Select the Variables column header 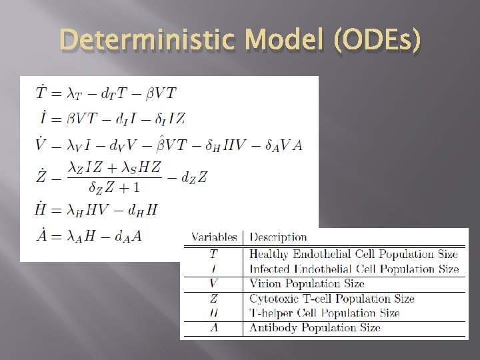(x=214, y=237)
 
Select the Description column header (x=278, y=237)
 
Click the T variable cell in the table (x=213, y=254)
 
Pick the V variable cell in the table (x=213, y=283)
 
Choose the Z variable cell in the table (x=213, y=299)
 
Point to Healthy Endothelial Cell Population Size (x=353, y=254)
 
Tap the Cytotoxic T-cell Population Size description (x=331, y=299)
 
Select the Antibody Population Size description (x=315, y=327)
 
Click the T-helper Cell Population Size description (x=324, y=313)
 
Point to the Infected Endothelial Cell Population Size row (x=353, y=269)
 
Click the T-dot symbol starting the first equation (x=41, y=93)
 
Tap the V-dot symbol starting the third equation (x=41, y=143)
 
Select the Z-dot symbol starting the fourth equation (x=41, y=176)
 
